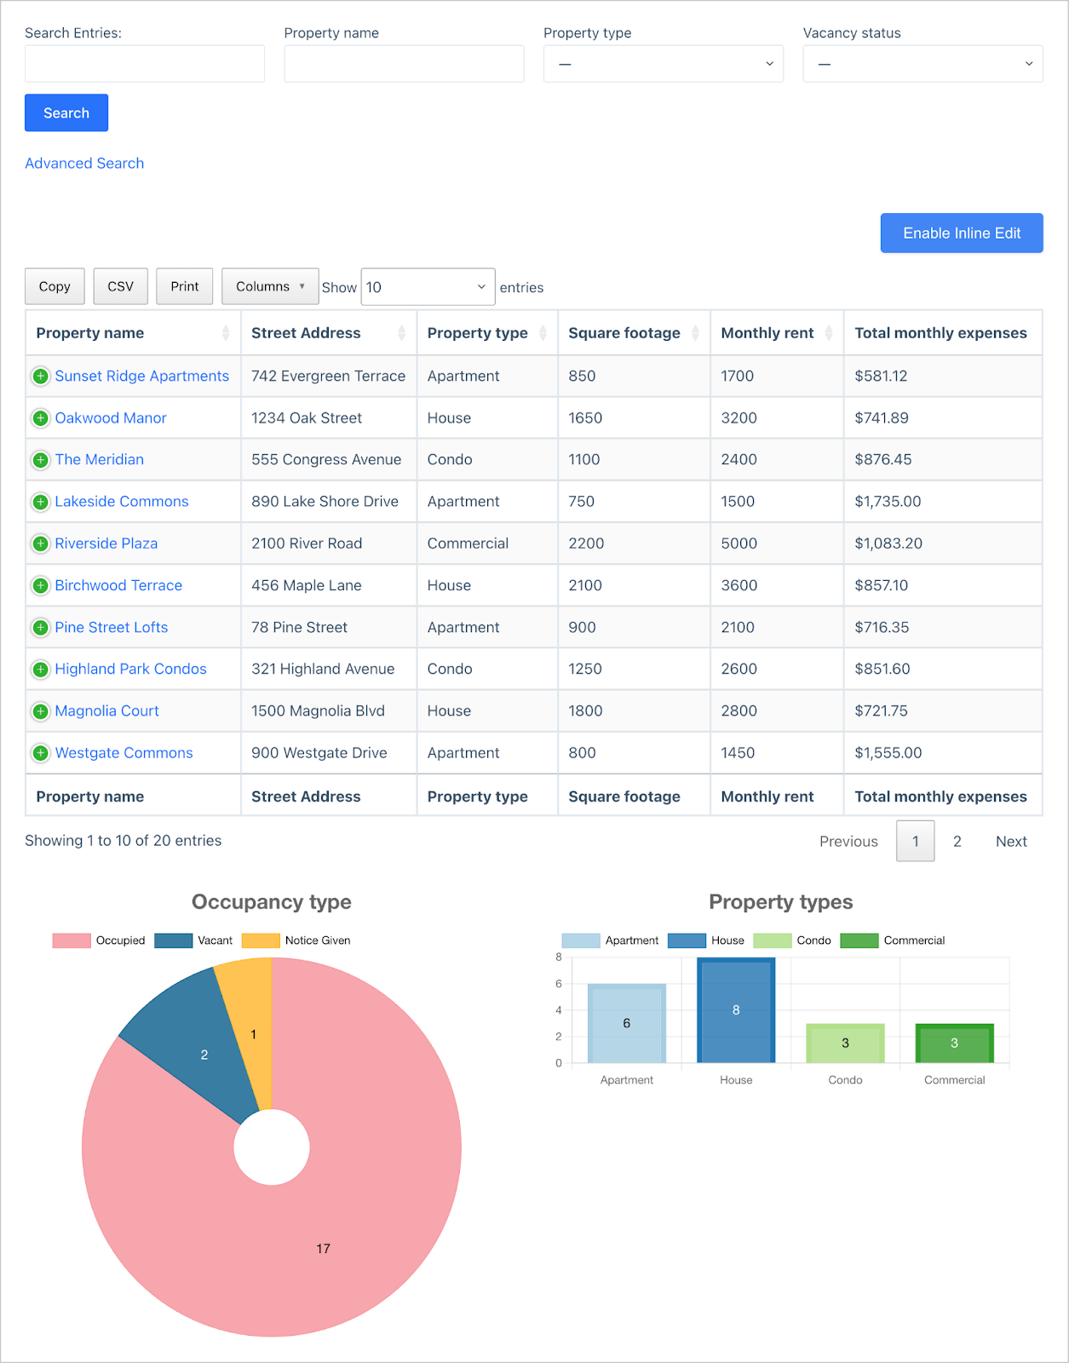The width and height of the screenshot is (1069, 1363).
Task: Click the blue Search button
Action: point(66,113)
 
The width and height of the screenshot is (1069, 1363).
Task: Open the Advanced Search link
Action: point(84,164)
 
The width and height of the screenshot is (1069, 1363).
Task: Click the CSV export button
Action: point(120,287)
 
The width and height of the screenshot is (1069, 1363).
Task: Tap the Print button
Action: point(184,287)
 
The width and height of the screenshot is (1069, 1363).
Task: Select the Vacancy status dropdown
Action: point(922,64)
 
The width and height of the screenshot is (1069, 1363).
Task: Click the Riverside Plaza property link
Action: point(106,543)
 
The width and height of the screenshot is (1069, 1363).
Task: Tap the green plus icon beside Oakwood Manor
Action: point(40,418)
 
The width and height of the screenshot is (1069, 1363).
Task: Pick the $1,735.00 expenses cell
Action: point(888,502)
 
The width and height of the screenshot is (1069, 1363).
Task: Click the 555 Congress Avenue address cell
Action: point(326,460)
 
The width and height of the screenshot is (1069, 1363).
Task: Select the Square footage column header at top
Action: point(624,333)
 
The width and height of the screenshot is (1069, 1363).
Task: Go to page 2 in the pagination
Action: point(957,842)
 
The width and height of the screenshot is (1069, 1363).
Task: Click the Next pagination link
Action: point(1011,842)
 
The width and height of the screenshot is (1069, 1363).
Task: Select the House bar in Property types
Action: point(736,1010)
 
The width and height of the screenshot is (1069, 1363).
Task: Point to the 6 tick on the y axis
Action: point(559,984)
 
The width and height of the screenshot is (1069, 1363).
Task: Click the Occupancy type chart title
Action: point(272,902)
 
